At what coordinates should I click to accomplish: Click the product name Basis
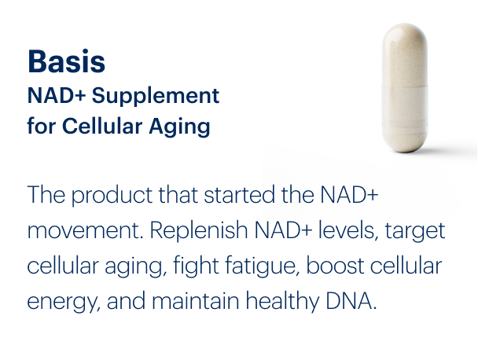click(66, 61)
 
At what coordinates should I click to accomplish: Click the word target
click(414, 232)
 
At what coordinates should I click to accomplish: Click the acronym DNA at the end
click(349, 302)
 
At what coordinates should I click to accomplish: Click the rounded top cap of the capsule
click(405, 39)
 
